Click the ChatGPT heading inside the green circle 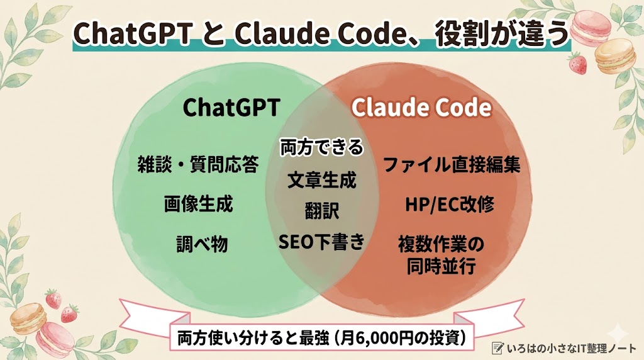tap(231, 108)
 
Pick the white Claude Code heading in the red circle tap(421, 108)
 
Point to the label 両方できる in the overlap tap(322, 148)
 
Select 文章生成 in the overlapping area tap(322, 181)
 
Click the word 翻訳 tap(322, 211)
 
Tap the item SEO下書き tap(322, 242)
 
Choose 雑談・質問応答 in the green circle tap(197, 166)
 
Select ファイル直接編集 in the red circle tap(451, 166)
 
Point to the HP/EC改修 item tap(450, 205)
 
